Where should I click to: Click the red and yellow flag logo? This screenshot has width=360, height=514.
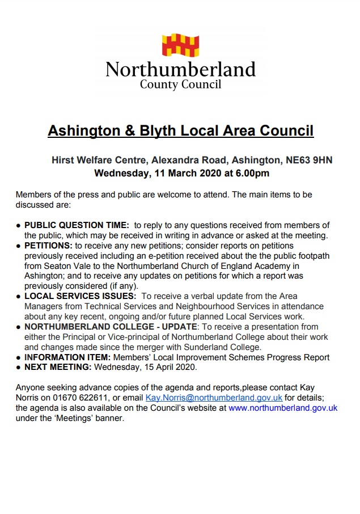[x=180, y=45]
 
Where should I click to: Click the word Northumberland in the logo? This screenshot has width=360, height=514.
[x=180, y=70]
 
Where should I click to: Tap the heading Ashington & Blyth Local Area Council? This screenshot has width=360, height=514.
[x=180, y=131]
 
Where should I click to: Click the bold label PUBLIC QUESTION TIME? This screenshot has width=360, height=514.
[x=77, y=225]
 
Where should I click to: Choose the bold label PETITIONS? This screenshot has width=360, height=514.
[x=48, y=246]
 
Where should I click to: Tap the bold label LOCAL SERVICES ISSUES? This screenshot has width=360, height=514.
[x=80, y=296]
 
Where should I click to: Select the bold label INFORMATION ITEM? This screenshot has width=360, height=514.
[x=67, y=357]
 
